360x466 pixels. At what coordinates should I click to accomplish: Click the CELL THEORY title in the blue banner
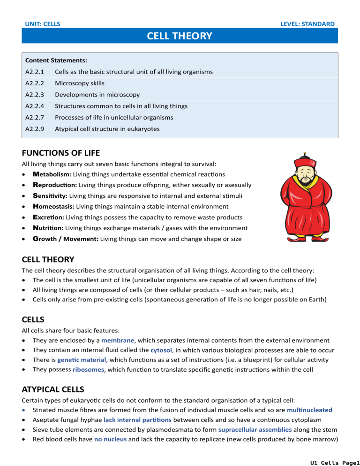pyautogui.click(x=180, y=36)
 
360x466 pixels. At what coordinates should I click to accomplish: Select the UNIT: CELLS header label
pyautogui.click(x=42, y=23)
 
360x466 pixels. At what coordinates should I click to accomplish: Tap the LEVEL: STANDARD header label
pyautogui.click(x=307, y=23)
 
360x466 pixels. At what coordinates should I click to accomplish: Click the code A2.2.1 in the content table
pyautogui.click(x=35, y=72)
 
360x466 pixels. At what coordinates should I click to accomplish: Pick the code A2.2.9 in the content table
pyautogui.click(x=35, y=128)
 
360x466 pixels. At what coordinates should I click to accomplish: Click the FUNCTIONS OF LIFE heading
pyautogui.click(x=61, y=153)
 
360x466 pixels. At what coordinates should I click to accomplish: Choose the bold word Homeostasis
pyautogui.click(x=53, y=206)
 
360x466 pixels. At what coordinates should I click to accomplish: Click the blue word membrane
pyautogui.click(x=117, y=340)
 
